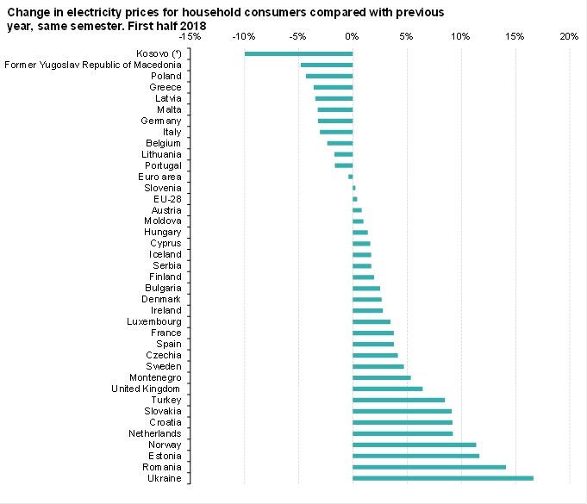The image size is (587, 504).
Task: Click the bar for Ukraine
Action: pyautogui.click(x=442, y=477)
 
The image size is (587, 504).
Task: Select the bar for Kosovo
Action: pyautogui.click(x=298, y=53)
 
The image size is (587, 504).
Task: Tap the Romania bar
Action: pyautogui.click(x=428, y=466)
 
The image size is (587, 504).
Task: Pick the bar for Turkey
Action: pyautogui.click(x=398, y=400)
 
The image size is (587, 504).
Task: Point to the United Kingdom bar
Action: pyautogui.click(x=387, y=389)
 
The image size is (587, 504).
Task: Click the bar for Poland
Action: pyautogui.click(x=329, y=76)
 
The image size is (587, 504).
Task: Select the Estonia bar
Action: pyautogui.click(x=415, y=455)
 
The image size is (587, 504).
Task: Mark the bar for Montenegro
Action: pyautogui.click(x=381, y=377)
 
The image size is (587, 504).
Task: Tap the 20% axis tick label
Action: pyautogui.click(x=568, y=37)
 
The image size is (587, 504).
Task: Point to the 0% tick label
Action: pyautogui.click(x=352, y=37)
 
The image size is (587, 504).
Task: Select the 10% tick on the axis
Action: pyautogui.click(x=459, y=37)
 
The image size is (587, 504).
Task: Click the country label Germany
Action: pyautogui.click(x=160, y=121)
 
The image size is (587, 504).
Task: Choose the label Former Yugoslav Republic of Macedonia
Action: pyautogui.click(x=93, y=65)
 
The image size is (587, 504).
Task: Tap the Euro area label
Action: pyautogui.click(x=159, y=177)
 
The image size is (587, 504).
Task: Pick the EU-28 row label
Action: pyautogui.click(x=166, y=199)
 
